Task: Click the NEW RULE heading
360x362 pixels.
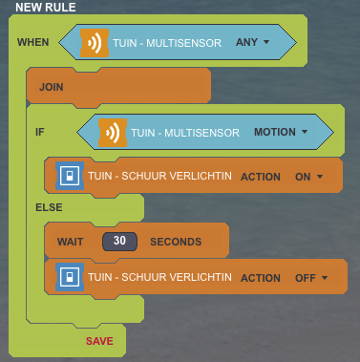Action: (46, 7)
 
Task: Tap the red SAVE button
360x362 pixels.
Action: (99, 341)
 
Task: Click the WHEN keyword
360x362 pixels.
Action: (33, 42)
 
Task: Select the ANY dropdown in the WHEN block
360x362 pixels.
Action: (252, 42)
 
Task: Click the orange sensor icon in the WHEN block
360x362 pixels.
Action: (95, 43)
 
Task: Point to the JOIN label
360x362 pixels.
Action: (51, 87)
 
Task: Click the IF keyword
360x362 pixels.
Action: (40, 132)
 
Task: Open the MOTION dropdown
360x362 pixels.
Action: (281, 132)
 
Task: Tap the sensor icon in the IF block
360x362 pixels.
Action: (113, 133)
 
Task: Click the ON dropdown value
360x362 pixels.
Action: (308, 177)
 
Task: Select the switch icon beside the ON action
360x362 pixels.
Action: (70, 176)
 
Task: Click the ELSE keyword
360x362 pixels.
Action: (49, 207)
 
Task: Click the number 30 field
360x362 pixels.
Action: (119, 242)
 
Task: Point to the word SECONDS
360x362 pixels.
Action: (176, 242)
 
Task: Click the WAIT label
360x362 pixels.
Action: (70, 242)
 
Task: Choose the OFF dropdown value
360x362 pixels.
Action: (311, 278)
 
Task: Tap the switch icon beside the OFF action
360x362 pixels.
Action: (70, 277)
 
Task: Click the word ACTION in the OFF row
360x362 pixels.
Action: (261, 278)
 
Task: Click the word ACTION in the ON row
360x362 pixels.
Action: (261, 177)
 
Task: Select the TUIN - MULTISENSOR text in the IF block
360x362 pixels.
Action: (185, 133)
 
